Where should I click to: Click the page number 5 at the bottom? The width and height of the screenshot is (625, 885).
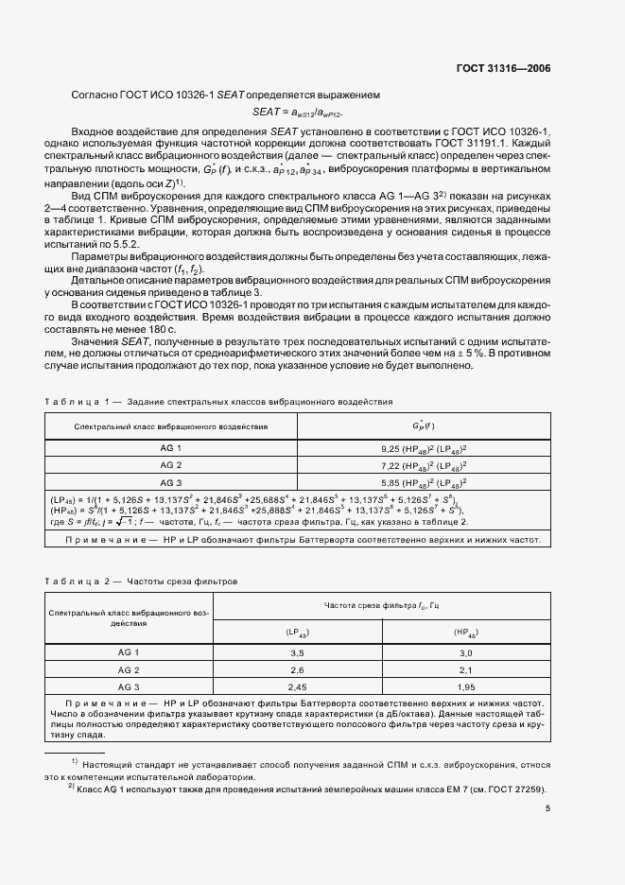pos(548,807)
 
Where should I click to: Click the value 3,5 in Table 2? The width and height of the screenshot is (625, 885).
pos(299,652)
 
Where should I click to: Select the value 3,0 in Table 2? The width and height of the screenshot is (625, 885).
pos(465,652)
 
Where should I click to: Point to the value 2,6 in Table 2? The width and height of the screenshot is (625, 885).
pos(299,669)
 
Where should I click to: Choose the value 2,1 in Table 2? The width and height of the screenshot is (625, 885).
pos(465,669)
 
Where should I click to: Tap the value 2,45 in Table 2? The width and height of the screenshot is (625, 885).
pos(299,686)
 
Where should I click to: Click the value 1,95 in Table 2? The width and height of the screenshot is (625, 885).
pos(465,686)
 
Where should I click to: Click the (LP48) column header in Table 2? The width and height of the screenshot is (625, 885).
pos(299,631)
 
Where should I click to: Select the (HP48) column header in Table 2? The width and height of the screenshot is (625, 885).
pos(465,631)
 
